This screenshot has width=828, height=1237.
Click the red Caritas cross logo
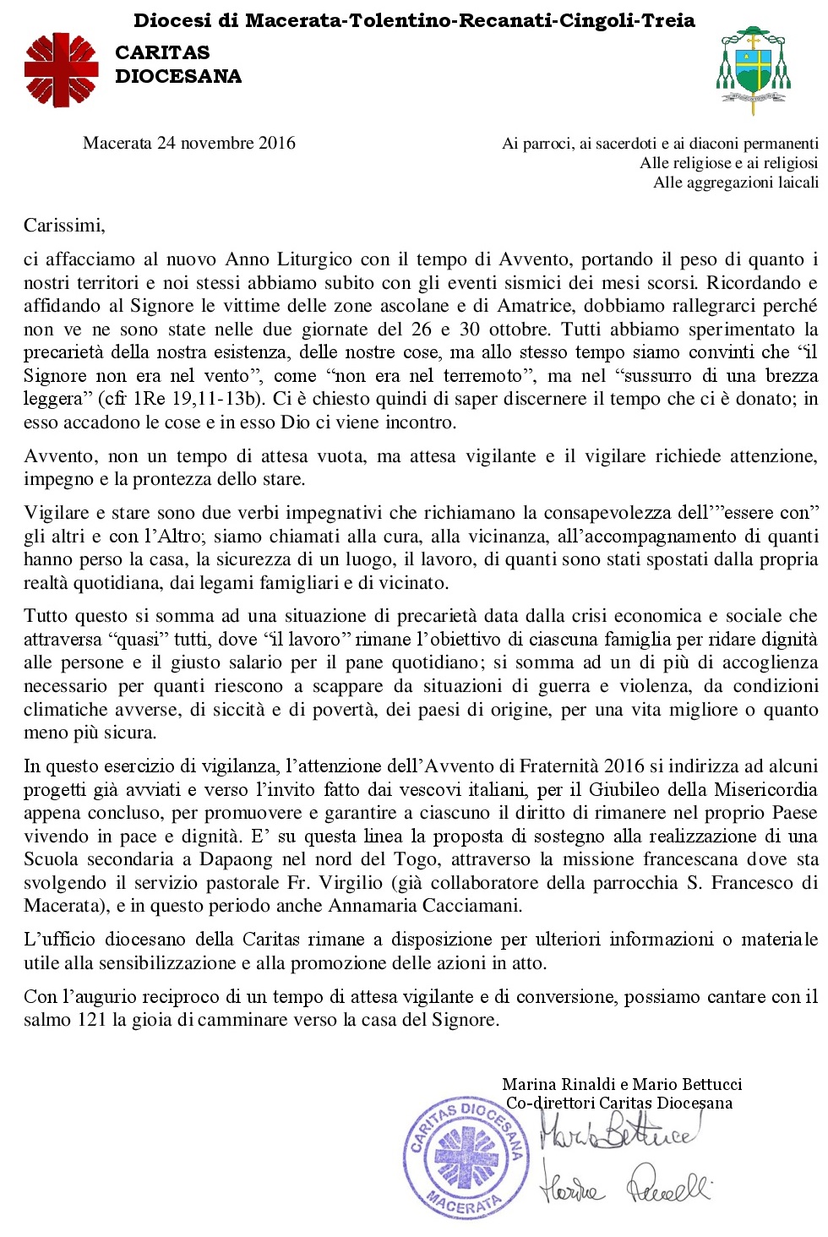[61, 70]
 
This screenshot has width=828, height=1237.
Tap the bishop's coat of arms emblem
[753, 69]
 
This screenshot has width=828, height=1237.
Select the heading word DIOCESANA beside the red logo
[178, 76]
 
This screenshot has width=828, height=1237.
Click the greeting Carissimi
[64, 225]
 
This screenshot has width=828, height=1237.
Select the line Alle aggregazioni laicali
[735, 183]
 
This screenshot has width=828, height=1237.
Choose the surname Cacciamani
[470, 906]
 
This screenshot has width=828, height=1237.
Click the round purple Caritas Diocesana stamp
[466, 1157]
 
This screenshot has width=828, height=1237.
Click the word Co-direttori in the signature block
[550, 1103]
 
